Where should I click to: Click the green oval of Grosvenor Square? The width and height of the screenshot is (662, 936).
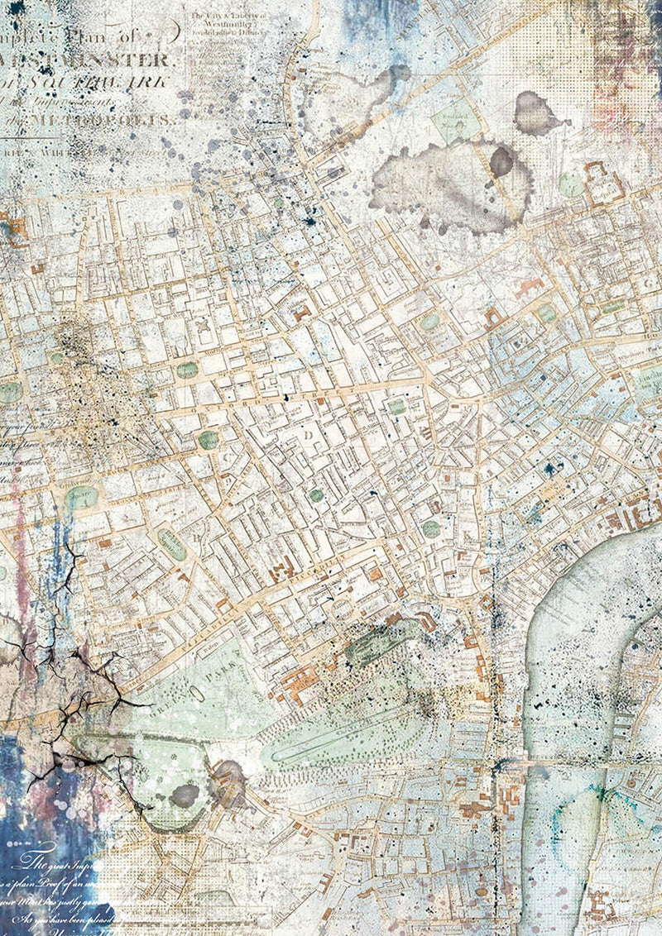pyautogui.click(x=82, y=498)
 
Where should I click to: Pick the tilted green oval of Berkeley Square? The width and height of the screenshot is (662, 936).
pyautogui.click(x=171, y=543)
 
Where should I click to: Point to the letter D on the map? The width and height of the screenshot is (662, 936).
pyautogui.click(x=308, y=433)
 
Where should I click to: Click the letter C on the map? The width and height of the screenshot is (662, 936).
pyautogui.click(x=223, y=453)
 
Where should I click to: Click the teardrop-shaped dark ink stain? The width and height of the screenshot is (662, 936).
pyautogui.click(x=536, y=114)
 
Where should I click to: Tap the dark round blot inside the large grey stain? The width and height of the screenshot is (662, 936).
pyautogui.click(x=501, y=161)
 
